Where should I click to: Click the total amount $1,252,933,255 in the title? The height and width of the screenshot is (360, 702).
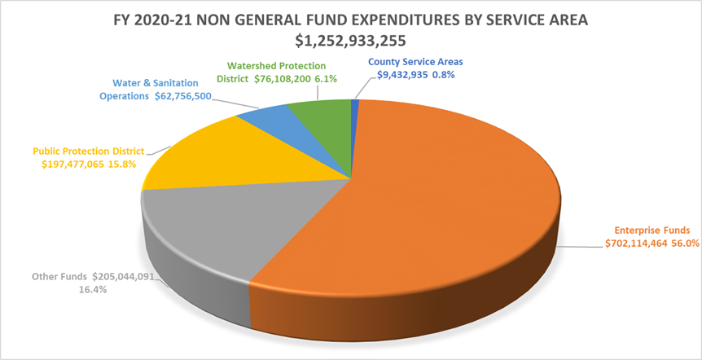[x=350, y=40]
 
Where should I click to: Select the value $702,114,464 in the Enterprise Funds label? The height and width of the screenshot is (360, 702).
[x=637, y=243]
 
